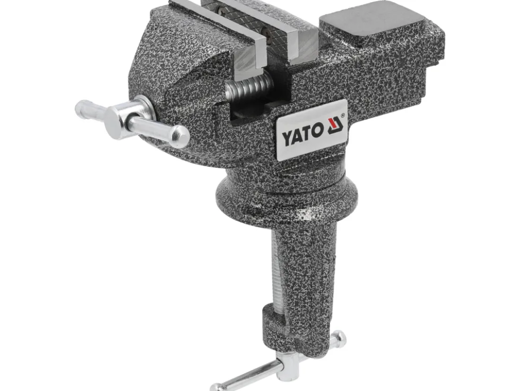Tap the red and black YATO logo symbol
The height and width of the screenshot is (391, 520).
(335, 126)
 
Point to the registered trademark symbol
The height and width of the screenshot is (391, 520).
(342, 115)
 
